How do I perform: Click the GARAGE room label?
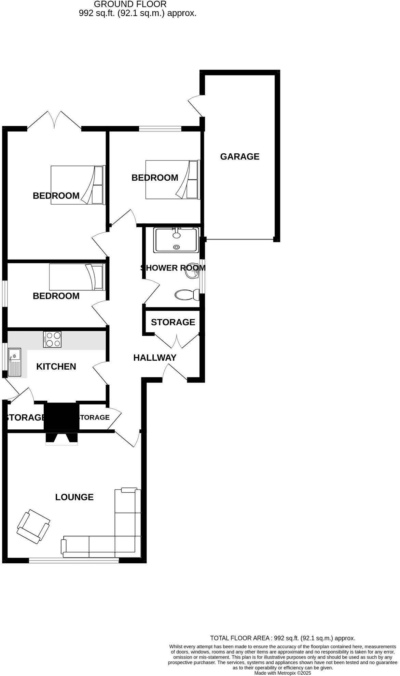(x=239, y=156)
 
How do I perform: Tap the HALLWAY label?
(x=155, y=358)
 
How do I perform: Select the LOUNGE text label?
(x=74, y=497)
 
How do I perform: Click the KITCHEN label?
(x=56, y=367)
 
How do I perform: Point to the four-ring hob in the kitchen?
(x=52, y=340)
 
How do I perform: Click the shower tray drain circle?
(x=176, y=247)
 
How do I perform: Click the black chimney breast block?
(x=61, y=416)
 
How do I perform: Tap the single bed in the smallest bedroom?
(x=77, y=277)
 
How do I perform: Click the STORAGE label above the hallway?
(x=173, y=322)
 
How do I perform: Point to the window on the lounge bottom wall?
(x=74, y=561)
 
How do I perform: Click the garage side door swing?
(x=196, y=105)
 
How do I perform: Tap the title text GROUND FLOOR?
(x=130, y=4)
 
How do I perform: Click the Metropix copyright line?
(x=282, y=673)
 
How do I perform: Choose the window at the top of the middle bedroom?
(x=160, y=129)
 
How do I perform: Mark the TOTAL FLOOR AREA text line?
(x=282, y=638)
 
